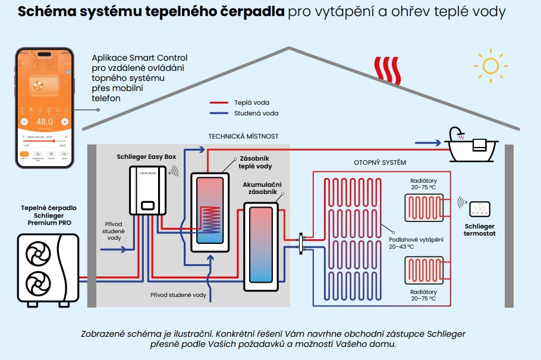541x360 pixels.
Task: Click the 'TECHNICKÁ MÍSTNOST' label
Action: click(x=243, y=136)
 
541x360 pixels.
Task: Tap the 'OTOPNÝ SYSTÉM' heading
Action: click(x=380, y=162)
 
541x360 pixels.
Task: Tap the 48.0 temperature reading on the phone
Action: click(x=45, y=123)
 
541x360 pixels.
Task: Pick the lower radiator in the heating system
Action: click(x=423, y=271)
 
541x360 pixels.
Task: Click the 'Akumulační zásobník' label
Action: click(x=262, y=189)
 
